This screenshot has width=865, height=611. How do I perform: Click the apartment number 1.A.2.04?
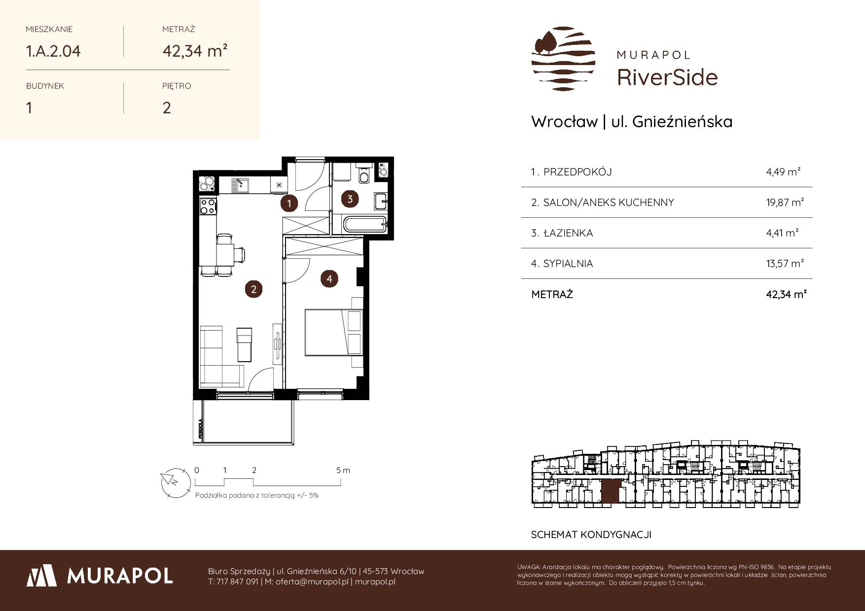tap(53, 51)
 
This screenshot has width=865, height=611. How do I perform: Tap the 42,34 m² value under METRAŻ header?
tap(195, 50)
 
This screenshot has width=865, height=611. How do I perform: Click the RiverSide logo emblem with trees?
tap(563, 59)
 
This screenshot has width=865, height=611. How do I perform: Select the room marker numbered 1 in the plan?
tap(289, 203)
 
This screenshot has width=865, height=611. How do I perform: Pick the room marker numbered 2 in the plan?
tap(253, 289)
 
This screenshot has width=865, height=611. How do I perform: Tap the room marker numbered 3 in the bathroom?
tap(350, 199)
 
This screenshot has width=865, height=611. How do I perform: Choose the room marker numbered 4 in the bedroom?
tap(329, 279)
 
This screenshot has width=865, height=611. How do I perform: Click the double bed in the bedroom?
tap(334, 332)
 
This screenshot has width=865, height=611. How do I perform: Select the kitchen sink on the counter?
tap(240, 186)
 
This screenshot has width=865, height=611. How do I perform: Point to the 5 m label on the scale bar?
tap(343, 470)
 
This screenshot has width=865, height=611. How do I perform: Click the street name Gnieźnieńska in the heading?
tap(682, 122)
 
